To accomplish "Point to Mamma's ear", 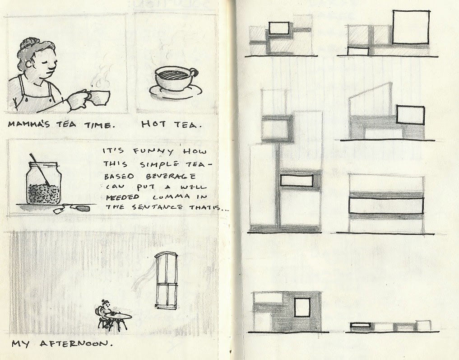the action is click(29, 63).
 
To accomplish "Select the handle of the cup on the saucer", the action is click(194, 71).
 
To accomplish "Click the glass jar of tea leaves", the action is click(43, 183).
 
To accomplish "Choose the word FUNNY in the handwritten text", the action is click(153, 151).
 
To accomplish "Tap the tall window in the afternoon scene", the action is click(166, 281).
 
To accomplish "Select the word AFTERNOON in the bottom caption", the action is click(76, 343).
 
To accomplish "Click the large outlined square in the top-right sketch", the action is click(411, 27).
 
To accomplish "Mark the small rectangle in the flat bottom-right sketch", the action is click(360, 325).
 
